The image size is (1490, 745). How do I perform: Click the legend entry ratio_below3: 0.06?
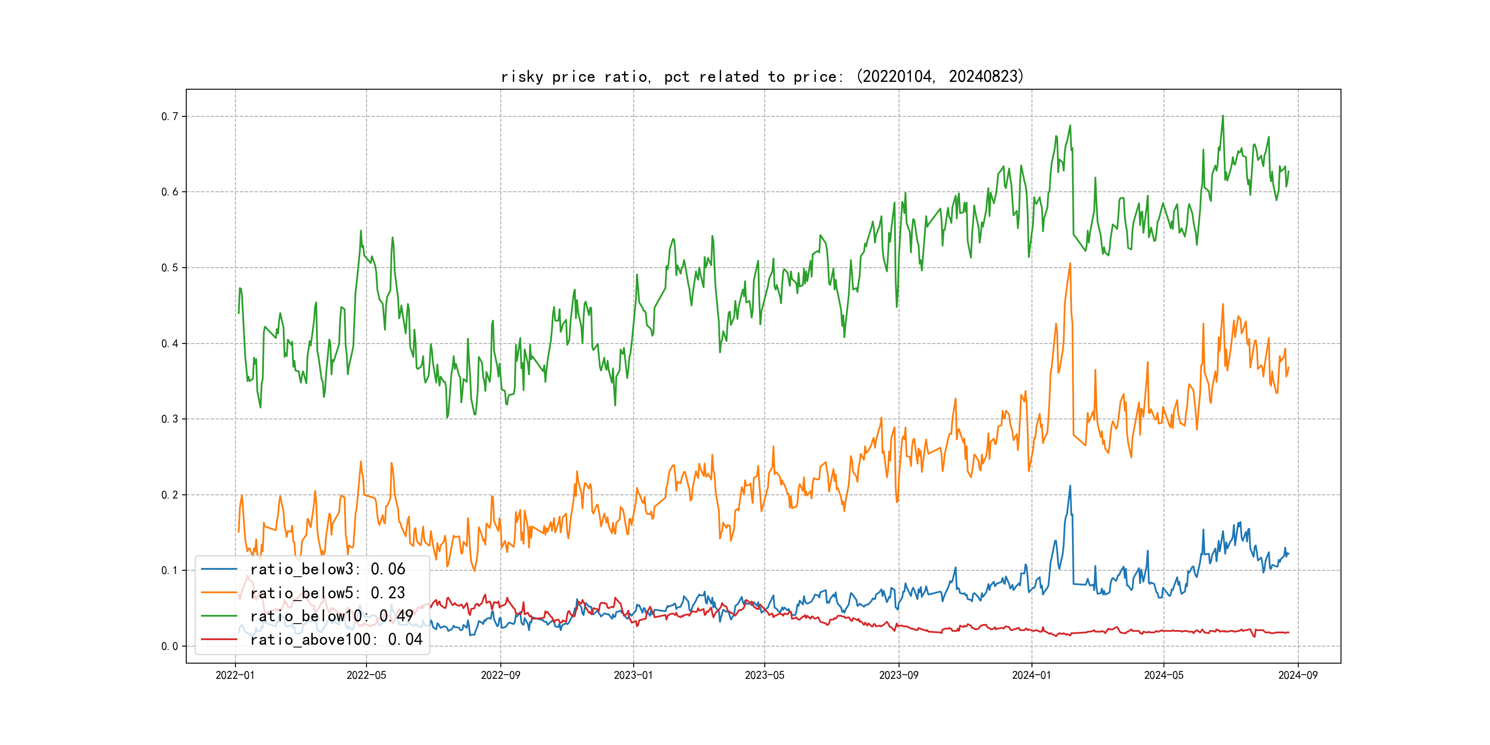(x=327, y=569)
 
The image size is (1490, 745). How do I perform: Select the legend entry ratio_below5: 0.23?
(x=327, y=593)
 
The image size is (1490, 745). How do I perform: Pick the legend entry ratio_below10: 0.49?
(x=332, y=616)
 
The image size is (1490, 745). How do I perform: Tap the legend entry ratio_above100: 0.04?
(x=336, y=639)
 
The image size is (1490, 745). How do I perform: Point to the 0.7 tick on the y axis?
(x=170, y=116)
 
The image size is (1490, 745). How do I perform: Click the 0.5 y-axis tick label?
(x=170, y=268)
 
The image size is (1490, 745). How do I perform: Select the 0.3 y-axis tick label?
(x=170, y=419)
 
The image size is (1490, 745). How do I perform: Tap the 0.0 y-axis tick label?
(x=170, y=646)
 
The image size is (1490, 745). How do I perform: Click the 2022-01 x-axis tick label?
(x=235, y=675)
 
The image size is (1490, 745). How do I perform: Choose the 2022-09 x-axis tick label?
(x=500, y=675)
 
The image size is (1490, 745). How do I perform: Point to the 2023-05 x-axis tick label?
(x=764, y=675)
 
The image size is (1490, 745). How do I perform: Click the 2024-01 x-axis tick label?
(x=1032, y=675)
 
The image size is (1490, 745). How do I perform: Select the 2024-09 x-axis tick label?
(x=1297, y=675)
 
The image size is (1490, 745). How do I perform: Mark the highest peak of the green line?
(x=1223, y=116)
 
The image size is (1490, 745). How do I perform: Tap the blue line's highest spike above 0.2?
(x=1070, y=486)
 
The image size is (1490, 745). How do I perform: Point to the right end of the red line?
(x=1288, y=632)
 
